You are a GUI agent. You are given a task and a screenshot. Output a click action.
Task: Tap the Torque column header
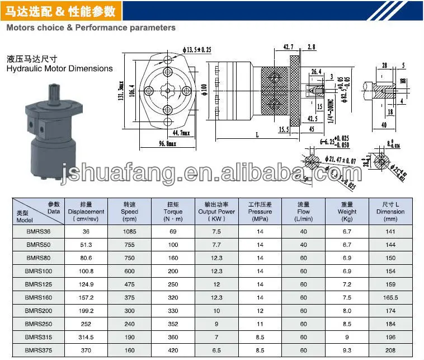pyautogui.click(x=173, y=212)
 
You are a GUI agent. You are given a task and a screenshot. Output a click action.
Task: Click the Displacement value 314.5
pyautogui.click(x=86, y=338)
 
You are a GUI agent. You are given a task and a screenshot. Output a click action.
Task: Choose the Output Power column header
pyautogui.click(x=216, y=212)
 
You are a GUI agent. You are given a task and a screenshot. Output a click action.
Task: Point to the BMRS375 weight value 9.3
pyautogui.click(x=347, y=350)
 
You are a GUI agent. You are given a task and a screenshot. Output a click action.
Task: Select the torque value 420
pyautogui.click(x=173, y=350)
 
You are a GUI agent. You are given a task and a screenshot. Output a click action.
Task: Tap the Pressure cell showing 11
pyautogui.click(x=260, y=324)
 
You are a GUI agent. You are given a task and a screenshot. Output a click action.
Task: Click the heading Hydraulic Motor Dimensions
pyautogui.click(x=60, y=69)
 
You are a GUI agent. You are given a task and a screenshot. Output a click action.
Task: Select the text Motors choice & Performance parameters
pyautogui.click(x=91, y=27)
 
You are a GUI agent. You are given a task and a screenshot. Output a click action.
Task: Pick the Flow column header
pyautogui.click(x=304, y=212)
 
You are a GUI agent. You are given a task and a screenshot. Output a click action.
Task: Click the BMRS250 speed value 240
pyautogui.click(x=129, y=324)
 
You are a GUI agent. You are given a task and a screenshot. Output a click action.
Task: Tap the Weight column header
pyautogui.click(x=347, y=212)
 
